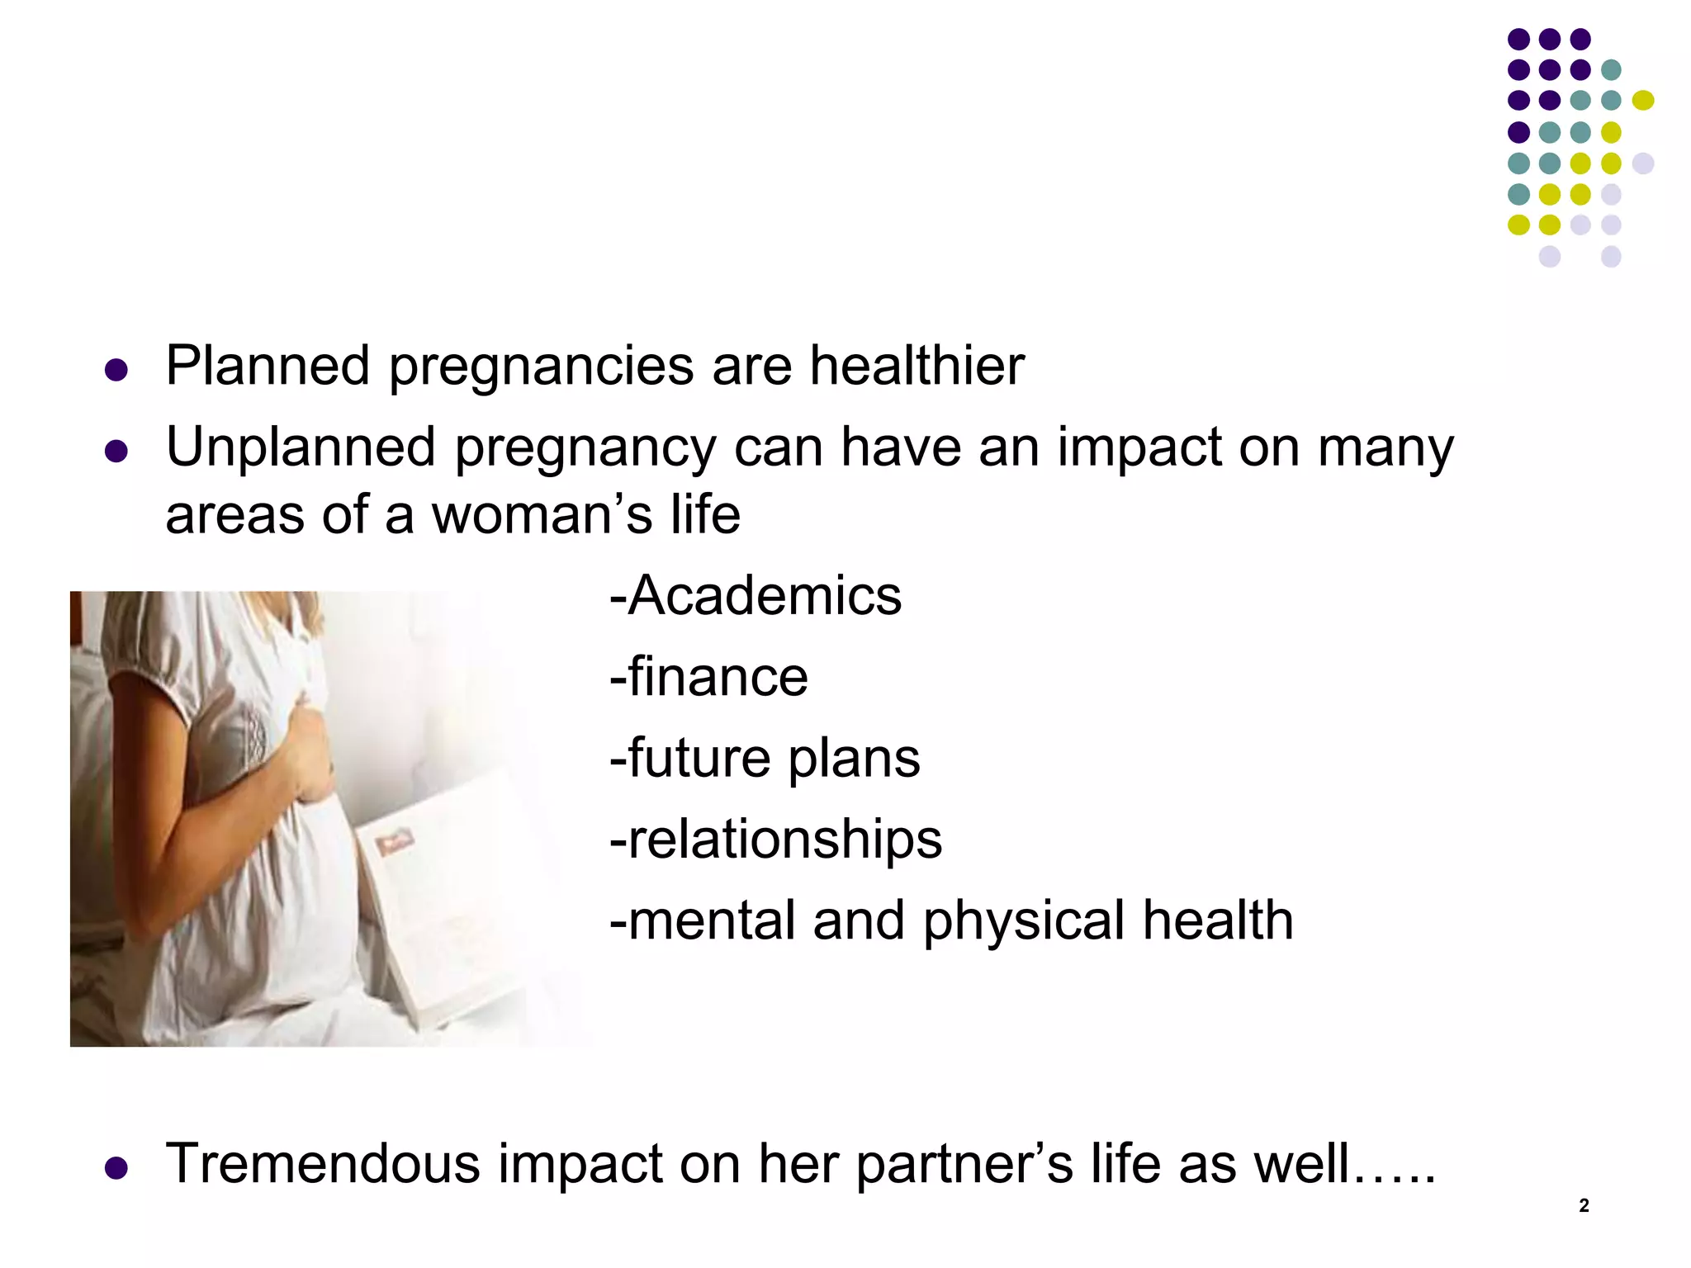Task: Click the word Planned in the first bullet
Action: click(267, 366)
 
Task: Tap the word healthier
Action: click(917, 366)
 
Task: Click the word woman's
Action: click(542, 515)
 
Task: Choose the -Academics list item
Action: click(756, 595)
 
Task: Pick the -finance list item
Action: click(708, 677)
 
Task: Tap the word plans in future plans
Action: click(854, 758)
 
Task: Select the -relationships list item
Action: click(775, 840)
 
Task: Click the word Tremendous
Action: click(323, 1164)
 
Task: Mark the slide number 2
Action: click(1584, 1205)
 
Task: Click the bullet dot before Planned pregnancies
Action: click(116, 369)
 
